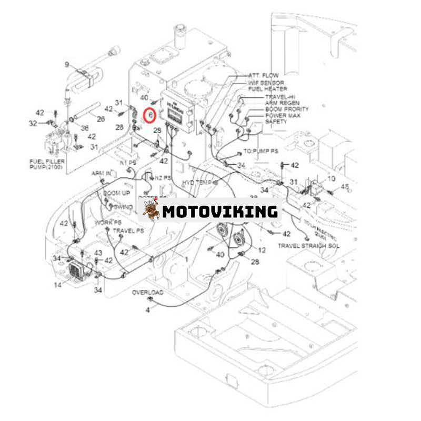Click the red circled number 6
150,114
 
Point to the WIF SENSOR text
266,83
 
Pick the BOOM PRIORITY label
286,109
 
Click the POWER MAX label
283,115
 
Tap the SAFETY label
276,122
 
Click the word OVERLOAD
147,292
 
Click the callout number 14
57,285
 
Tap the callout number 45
345,186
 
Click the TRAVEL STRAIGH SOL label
308,246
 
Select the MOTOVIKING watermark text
219,212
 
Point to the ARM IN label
101,173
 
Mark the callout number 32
33,123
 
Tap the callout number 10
331,179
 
